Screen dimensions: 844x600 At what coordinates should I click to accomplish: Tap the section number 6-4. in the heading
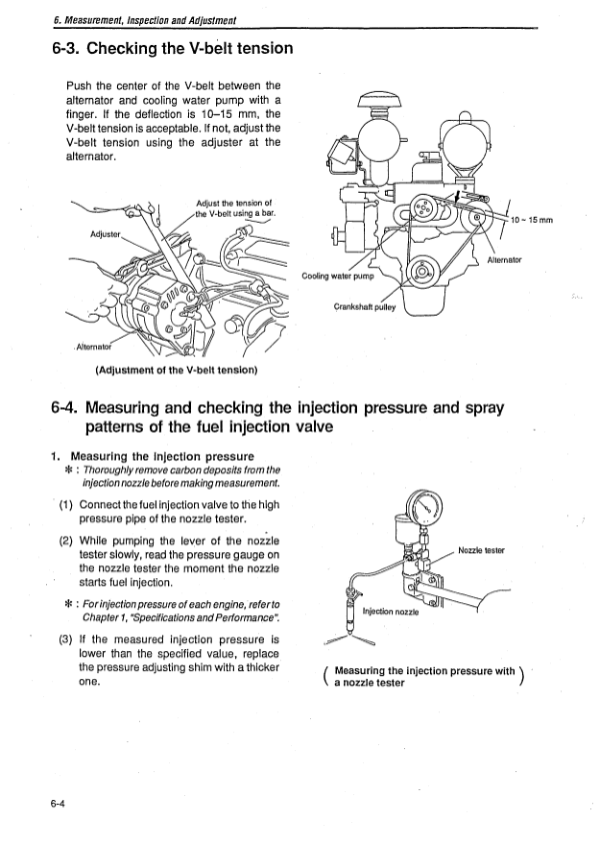point(68,410)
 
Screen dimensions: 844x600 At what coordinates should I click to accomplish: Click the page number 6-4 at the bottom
point(55,803)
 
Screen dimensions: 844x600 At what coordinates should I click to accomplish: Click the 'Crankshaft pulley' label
point(365,307)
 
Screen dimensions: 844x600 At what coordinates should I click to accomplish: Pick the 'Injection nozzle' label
point(388,612)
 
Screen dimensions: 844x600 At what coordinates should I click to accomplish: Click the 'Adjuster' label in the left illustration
point(103,238)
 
